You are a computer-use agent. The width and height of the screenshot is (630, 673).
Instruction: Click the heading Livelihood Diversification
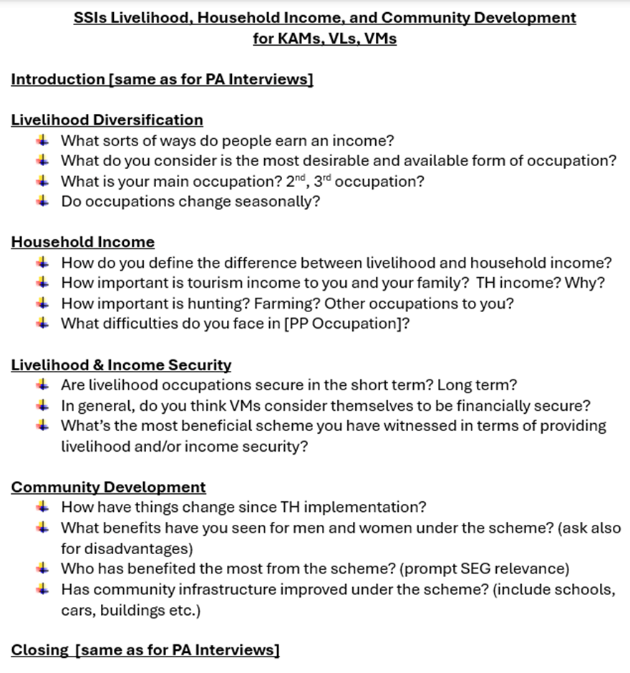pyautogui.click(x=107, y=120)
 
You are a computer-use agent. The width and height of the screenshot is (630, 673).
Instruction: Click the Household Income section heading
pyautogui.click(x=82, y=242)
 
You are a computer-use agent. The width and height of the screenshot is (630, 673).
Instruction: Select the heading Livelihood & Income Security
pyautogui.click(x=121, y=365)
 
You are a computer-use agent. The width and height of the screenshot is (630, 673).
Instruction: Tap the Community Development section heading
pyautogui.click(x=108, y=488)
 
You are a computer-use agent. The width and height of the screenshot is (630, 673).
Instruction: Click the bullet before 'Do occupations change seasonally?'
pyautogui.click(x=44, y=201)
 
